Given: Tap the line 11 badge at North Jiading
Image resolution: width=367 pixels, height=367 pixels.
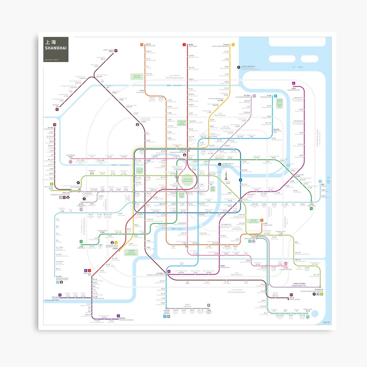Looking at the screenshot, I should [116, 51].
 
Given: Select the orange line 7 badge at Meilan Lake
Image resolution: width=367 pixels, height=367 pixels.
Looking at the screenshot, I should [142, 45].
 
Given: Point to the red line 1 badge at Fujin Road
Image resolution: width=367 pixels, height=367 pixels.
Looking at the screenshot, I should [184, 45].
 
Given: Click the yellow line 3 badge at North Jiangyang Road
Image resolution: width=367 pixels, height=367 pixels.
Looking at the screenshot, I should [233, 45].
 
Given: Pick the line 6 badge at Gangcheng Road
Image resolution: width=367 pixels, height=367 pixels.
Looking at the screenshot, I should [294, 83].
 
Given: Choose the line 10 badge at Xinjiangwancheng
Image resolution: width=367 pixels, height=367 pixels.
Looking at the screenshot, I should [254, 96].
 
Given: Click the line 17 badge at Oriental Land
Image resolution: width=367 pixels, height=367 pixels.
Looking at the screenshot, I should [54, 125].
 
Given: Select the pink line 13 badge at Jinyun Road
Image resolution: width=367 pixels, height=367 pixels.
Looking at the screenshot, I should [70, 161].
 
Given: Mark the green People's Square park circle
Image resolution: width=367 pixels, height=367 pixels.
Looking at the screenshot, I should [187, 180].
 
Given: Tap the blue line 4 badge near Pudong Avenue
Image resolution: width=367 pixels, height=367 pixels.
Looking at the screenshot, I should [241, 180].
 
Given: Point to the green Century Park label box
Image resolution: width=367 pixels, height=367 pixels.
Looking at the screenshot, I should [253, 221].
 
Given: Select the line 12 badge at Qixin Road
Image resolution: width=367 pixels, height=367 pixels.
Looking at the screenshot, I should [81, 241].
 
